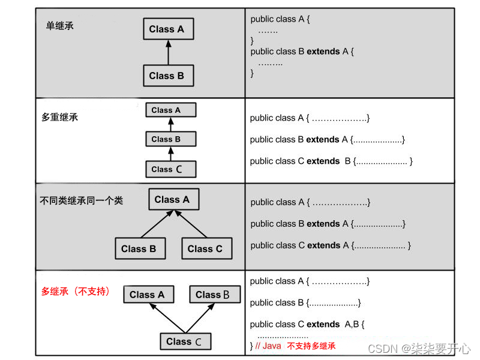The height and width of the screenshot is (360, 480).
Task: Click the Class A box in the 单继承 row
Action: [x=167, y=29]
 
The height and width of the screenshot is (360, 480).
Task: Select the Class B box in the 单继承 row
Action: [x=167, y=76]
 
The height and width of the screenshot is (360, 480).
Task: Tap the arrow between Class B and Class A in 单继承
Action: [x=168, y=52]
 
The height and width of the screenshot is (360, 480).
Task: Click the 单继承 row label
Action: [x=60, y=26]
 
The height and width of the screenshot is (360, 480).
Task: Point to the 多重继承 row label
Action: [x=60, y=117]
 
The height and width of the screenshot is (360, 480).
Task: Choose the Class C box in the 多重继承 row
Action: [x=170, y=169]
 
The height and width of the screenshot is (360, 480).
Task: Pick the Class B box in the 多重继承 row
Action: [x=170, y=139]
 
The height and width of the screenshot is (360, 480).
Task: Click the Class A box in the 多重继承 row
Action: [x=170, y=110]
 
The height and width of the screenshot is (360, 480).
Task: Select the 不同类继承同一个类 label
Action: [x=81, y=200]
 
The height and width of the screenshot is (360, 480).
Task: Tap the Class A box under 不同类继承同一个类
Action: [x=173, y=200]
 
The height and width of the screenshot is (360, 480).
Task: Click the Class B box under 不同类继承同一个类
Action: [x=139, y=249]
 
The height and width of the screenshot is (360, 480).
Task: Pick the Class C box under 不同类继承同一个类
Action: [x=205, y=249]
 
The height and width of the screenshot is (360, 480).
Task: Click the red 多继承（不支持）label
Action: [x=76, y=292]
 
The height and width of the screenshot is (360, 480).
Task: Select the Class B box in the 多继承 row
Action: [x=214, y=295]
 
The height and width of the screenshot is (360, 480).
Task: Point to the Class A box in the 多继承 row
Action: [x=148, y=295]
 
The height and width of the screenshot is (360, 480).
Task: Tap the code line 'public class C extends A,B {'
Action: [x=307, y=325]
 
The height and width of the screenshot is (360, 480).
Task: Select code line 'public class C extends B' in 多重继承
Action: [x=331, y=161]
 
